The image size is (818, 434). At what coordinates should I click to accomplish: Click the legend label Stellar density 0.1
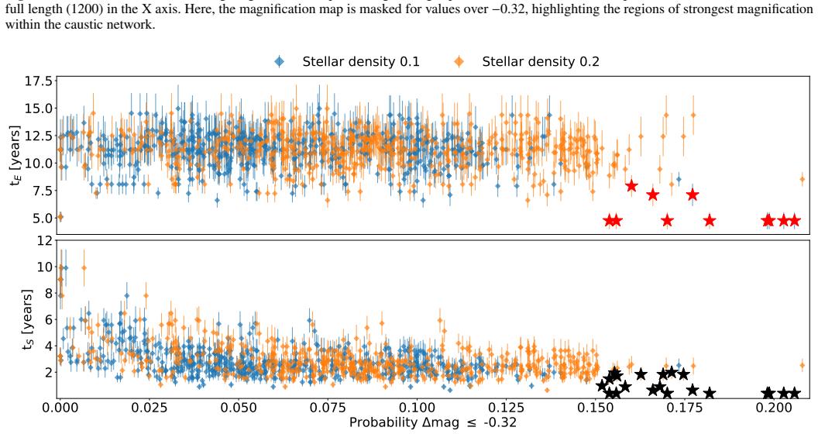pos(360,61)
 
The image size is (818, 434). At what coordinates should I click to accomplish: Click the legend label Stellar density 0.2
pos(541,61)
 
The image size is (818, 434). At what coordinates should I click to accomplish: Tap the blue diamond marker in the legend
pos(280,61)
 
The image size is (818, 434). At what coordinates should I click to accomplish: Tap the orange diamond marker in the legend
pos(459,61)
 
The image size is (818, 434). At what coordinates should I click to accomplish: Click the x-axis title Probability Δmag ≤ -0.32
pos(433,422)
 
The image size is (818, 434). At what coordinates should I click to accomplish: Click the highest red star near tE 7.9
pos(632,186)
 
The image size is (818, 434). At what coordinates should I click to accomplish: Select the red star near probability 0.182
pos(709,221)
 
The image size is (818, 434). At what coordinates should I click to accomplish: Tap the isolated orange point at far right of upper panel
pos(803,180)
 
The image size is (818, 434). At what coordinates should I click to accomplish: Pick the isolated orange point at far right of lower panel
pos(803,366)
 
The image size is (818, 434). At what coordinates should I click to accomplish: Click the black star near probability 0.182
pos(709,393)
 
